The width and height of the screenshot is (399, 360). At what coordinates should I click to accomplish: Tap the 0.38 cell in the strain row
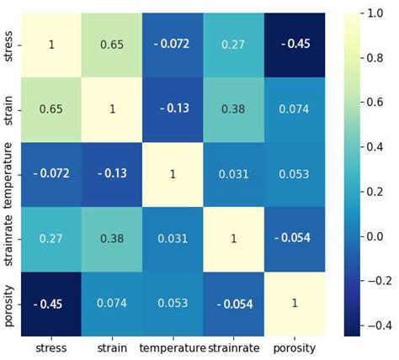[x=235, y=109]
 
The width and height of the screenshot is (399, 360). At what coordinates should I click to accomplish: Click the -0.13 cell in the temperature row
[x=111, y=174]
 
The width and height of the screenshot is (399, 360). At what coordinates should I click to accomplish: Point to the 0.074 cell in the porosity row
[x=111, y=303]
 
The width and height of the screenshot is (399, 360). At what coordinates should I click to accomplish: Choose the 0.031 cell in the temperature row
[x=235, y=174]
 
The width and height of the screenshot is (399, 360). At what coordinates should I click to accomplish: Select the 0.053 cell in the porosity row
[x=173, y=303]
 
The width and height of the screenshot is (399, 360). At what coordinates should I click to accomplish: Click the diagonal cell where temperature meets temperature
[x=173, y=174]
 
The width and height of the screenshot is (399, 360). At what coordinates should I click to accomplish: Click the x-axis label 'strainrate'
[x=235, y=347]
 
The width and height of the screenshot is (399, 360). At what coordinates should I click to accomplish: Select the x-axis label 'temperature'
[x=173, y=347]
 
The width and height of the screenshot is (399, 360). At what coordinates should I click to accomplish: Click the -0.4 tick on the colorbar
[x=376, y=325]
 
